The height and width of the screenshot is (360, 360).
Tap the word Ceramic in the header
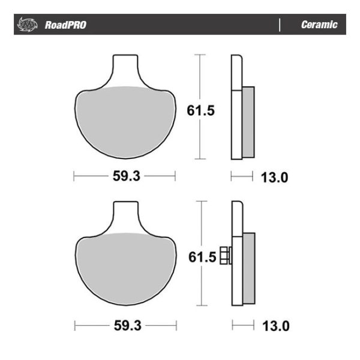point(319,25)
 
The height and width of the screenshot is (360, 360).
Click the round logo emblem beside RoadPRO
point(28,25)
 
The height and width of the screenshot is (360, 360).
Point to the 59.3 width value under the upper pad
point(124,177)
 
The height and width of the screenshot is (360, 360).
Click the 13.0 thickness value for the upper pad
point(275,177)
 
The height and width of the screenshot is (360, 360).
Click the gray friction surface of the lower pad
point(124,270)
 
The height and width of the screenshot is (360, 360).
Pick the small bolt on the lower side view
point(226,256)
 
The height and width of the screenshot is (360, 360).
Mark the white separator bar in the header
point(280,25)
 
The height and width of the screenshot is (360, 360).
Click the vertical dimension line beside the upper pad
point(200,78)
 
